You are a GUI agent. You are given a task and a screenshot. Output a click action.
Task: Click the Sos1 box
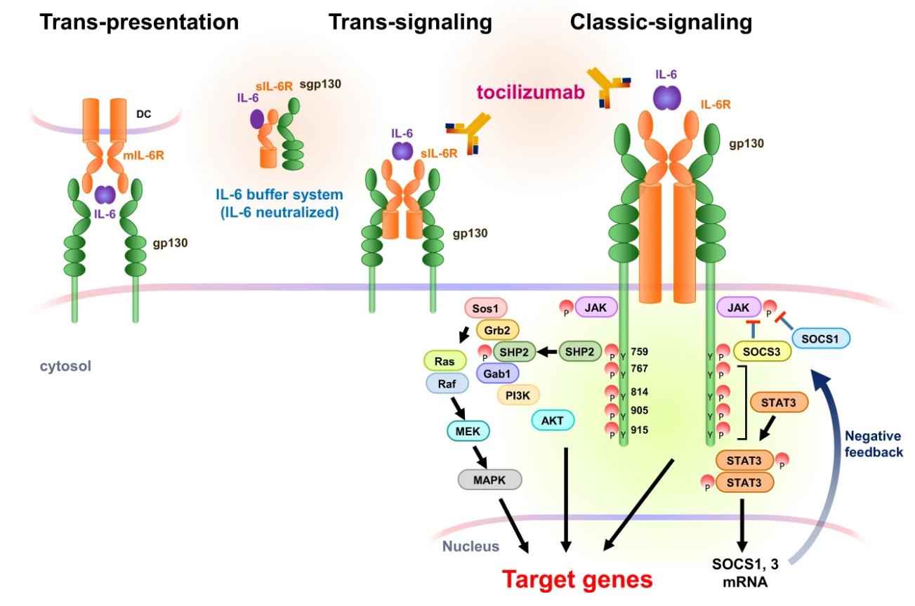pos(487,310)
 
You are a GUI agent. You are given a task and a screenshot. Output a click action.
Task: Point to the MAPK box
pos(490,480)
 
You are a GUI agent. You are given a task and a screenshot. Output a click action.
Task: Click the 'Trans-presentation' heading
pos(139,22)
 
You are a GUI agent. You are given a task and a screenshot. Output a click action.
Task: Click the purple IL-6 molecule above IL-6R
pos(664,98)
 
